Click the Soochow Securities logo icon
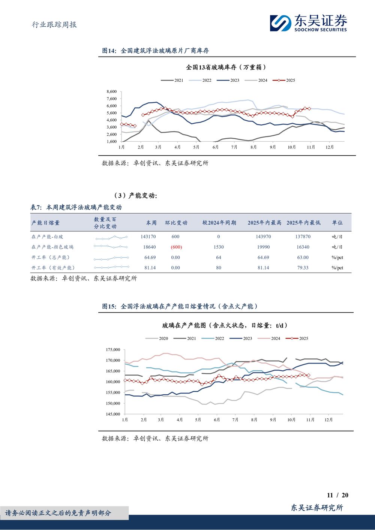(280, 23)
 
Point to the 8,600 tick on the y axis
(111, 91)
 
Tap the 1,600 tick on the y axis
(111, 142)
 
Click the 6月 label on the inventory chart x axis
(215, 147)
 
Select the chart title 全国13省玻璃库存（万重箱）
(226, 67)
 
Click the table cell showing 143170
(148, 237)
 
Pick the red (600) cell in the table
(176, 247)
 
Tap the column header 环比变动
(176, 223)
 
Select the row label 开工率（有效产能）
(53, 268)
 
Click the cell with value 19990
(263, 247)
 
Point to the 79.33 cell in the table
(303, 268)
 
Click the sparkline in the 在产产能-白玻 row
(111, 237)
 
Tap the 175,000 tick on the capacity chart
(112, 350)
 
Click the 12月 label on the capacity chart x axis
(328, 420)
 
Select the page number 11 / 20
(337, 495)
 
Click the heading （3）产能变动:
(135, 196)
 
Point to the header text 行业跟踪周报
(54, 25)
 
